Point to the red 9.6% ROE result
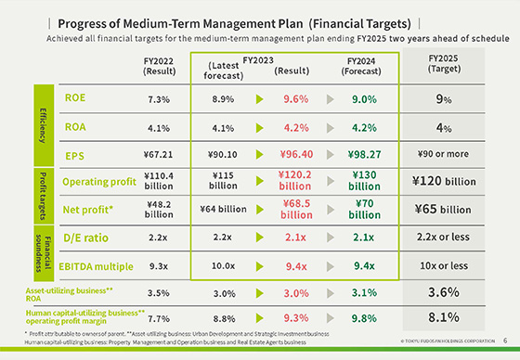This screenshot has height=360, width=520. click(295, 98)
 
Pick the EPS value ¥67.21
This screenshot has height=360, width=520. click(158, 156)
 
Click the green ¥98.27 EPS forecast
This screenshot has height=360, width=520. click(362, 156)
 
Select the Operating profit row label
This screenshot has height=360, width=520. click(100, 182)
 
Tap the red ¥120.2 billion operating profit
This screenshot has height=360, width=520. click(295, 183)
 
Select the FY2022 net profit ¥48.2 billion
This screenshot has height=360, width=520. click(158, 209)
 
